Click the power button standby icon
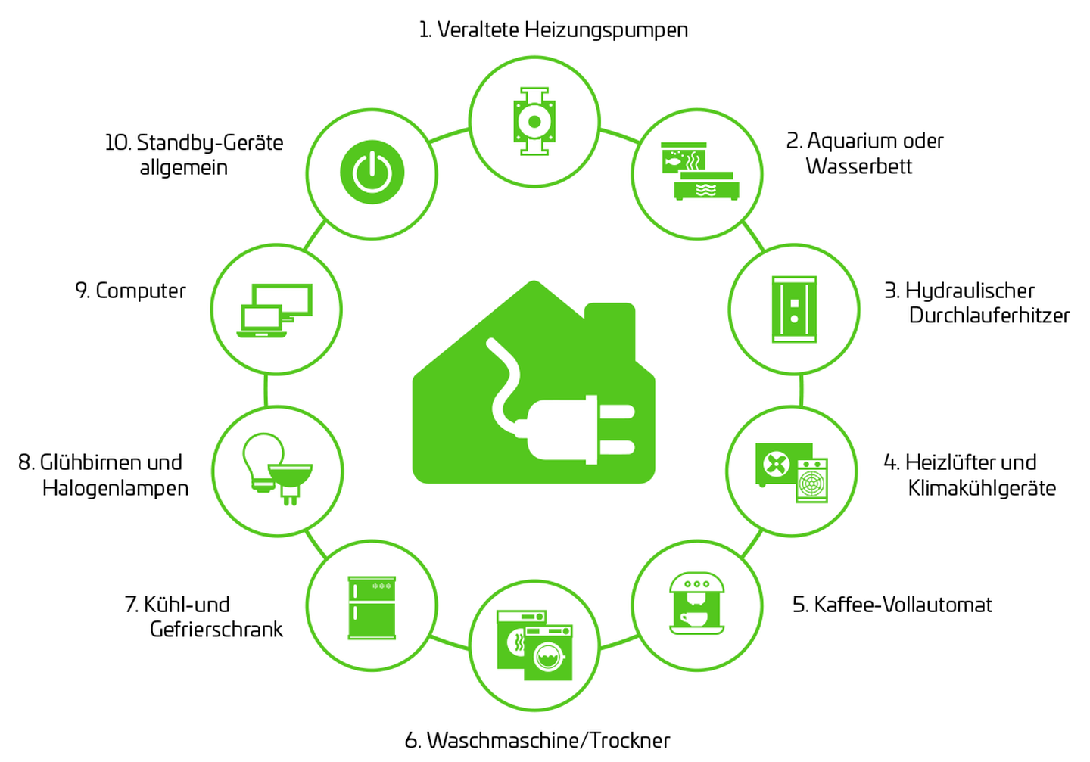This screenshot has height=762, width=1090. [372, 173]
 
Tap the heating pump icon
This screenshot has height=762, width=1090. [534, 121]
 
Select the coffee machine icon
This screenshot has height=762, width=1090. [697, 603]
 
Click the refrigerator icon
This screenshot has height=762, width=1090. [372, 608]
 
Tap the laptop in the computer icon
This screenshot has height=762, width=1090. [262, 321]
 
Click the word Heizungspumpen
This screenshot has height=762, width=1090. [606, 30]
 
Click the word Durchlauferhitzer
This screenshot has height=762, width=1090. [989, 316]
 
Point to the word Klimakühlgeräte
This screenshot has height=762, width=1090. [982, 488]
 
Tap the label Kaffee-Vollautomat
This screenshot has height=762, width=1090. [892, 605]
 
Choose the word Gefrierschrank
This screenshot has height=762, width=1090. [216, 630]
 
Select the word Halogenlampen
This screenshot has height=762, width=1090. [116, 488]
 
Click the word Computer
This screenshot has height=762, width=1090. [141, 291]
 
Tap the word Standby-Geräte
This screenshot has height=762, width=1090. [210, 143]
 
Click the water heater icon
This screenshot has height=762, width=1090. [794, 309]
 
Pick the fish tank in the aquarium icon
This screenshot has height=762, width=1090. [683, 158]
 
